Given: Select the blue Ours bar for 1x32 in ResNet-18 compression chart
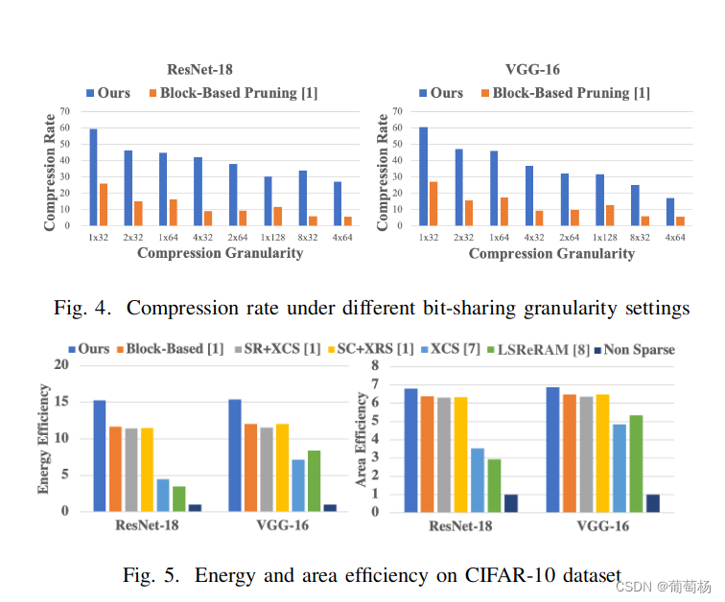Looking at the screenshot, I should (x=93, y=177).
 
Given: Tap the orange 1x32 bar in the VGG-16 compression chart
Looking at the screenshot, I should (x=433, y=203).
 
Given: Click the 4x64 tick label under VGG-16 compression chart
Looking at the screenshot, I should (x=675, y=237).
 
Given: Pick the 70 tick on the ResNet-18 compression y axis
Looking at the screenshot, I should (x=65, y=112).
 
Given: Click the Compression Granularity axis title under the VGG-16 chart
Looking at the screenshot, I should (x=551, y=254).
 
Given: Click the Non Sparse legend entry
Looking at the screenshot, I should (x=636, y=349).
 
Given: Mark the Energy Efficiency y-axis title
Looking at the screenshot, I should (x=44, y=438).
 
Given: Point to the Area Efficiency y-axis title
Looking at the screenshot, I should (x=362, y=438).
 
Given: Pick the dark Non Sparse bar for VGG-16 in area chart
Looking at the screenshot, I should (x=653, y=502).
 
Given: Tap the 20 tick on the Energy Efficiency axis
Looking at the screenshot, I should (x=62, y=365).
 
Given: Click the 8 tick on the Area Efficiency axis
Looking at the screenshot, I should (x=375, y=366).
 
